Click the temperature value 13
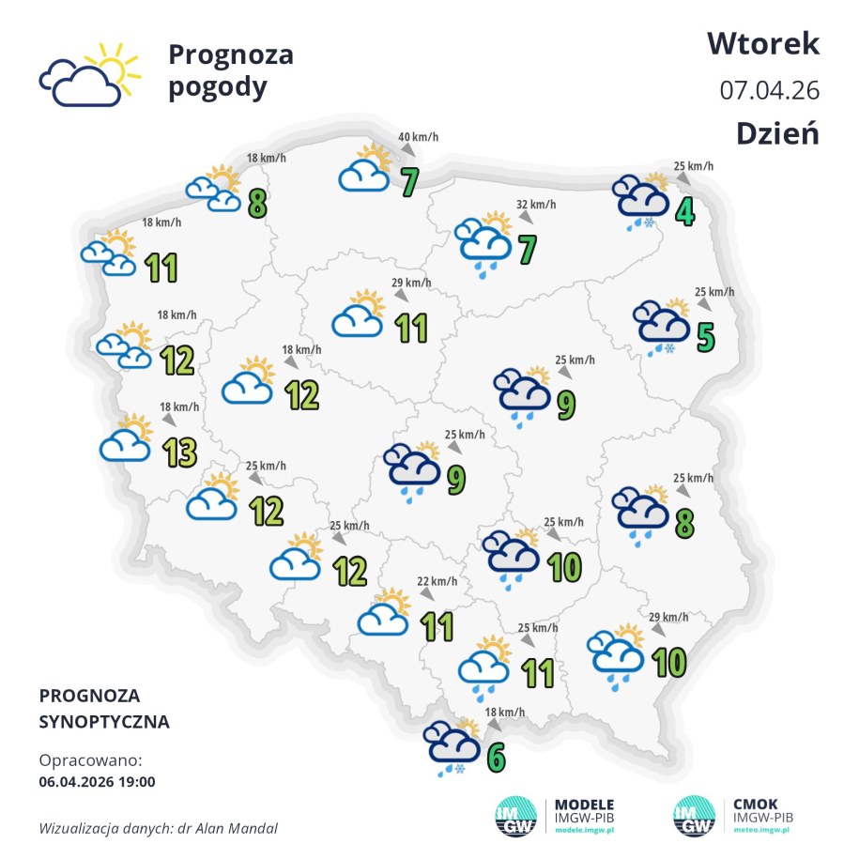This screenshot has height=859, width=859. [x=179, y=453]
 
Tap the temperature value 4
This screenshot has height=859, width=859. [x=685, y=211]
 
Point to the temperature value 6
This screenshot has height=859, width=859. [x=495, y=756]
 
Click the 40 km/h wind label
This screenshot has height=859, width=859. [x=419, y=138]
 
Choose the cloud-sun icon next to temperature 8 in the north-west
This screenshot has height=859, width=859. [x=215, y=189]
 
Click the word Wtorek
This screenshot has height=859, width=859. [x=763, y=43]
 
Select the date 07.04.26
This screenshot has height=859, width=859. [x=770, y=90]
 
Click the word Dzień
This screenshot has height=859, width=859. [x=777, y=133]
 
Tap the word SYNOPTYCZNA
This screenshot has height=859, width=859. [x=105, y=722]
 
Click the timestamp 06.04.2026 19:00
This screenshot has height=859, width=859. [x=98, y=780]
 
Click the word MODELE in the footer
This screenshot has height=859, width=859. [x=585, y=805]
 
